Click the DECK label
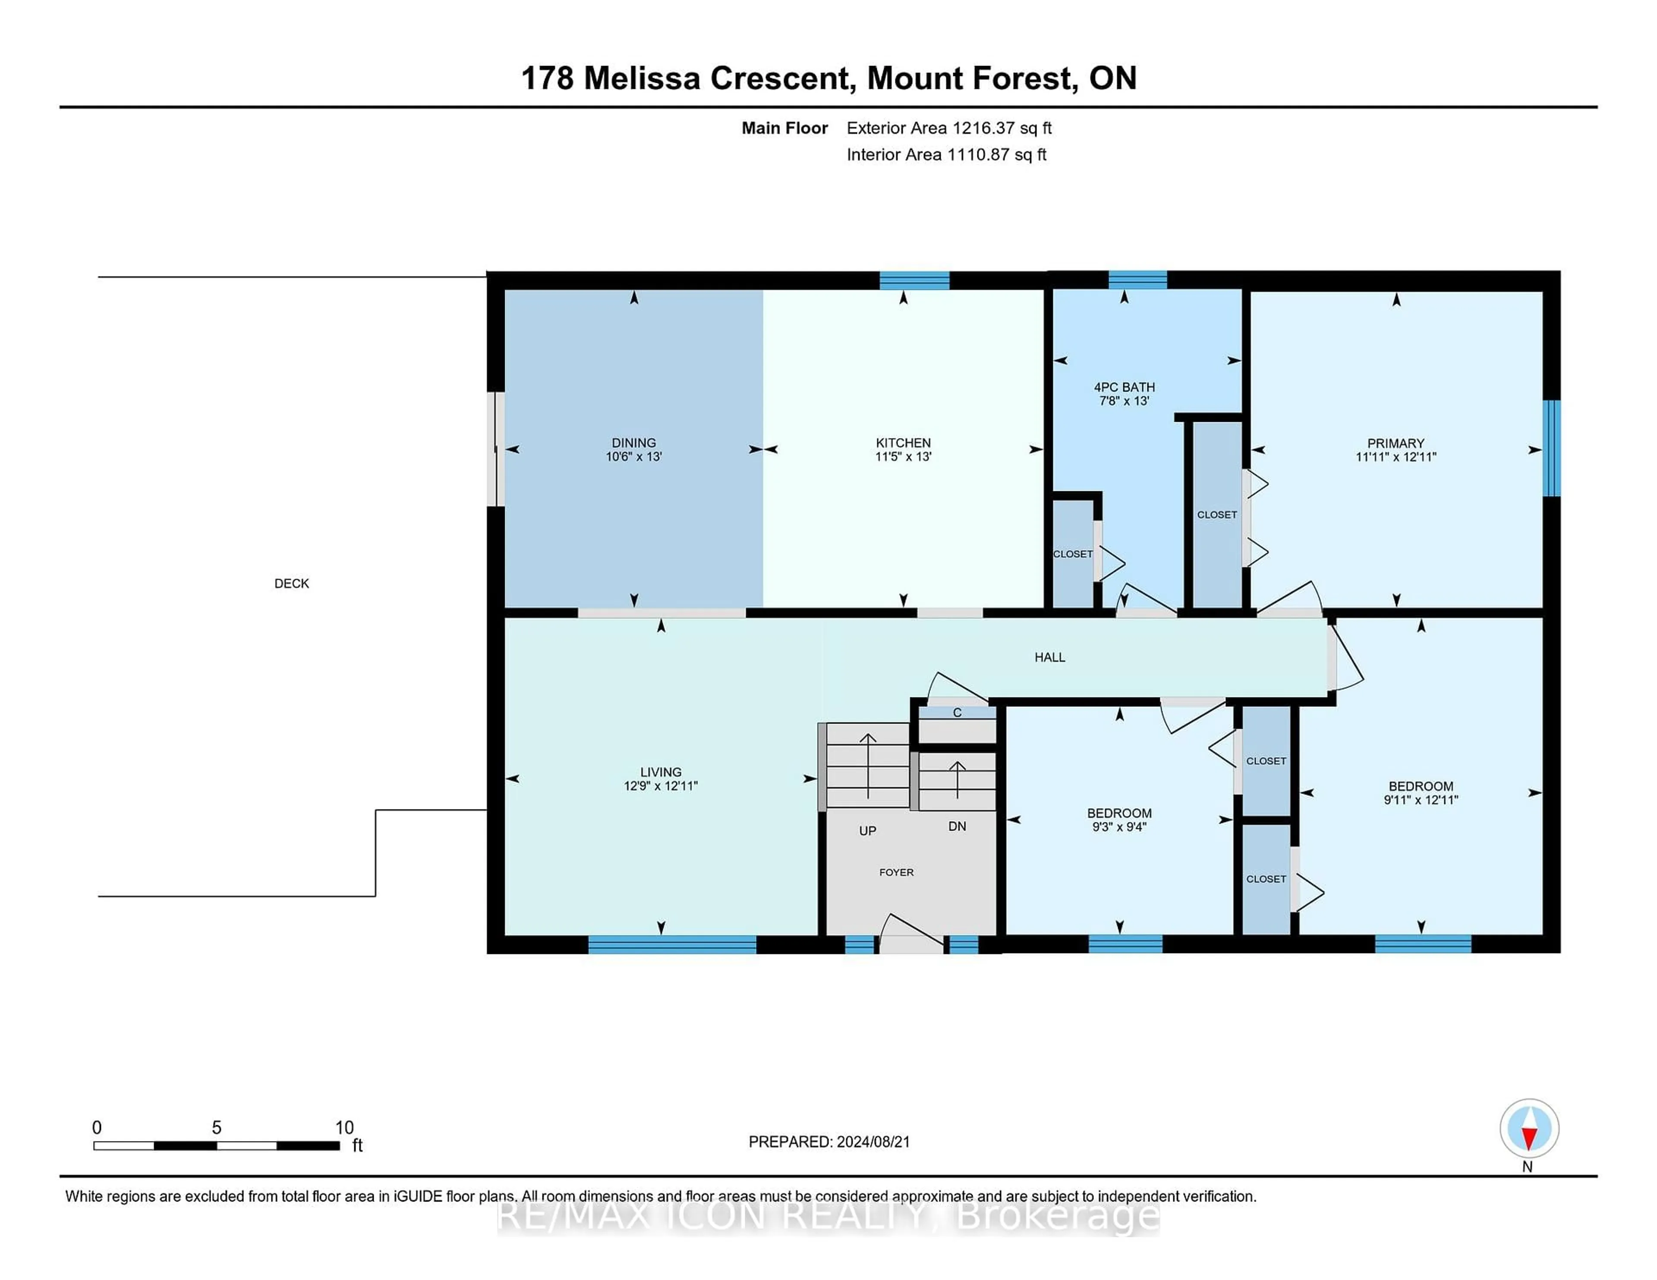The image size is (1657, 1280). click(291, 583)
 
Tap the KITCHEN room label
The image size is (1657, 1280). click(903, 443)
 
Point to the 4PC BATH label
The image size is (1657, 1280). click(1125, 387)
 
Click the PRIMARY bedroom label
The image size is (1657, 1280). click(1396, 443)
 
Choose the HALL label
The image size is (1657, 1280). click(1050, 657)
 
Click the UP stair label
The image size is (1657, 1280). click(868, 830)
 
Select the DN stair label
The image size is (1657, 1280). click(958, 826)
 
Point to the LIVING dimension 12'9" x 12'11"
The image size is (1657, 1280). click(661, 786)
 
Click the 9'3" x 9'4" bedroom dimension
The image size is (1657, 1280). click(1119, 827)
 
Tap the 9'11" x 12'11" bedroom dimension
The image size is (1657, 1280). click(1421, 799)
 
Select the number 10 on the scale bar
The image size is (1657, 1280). click(344, 1128)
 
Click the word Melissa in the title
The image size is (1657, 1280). click(642, 78)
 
